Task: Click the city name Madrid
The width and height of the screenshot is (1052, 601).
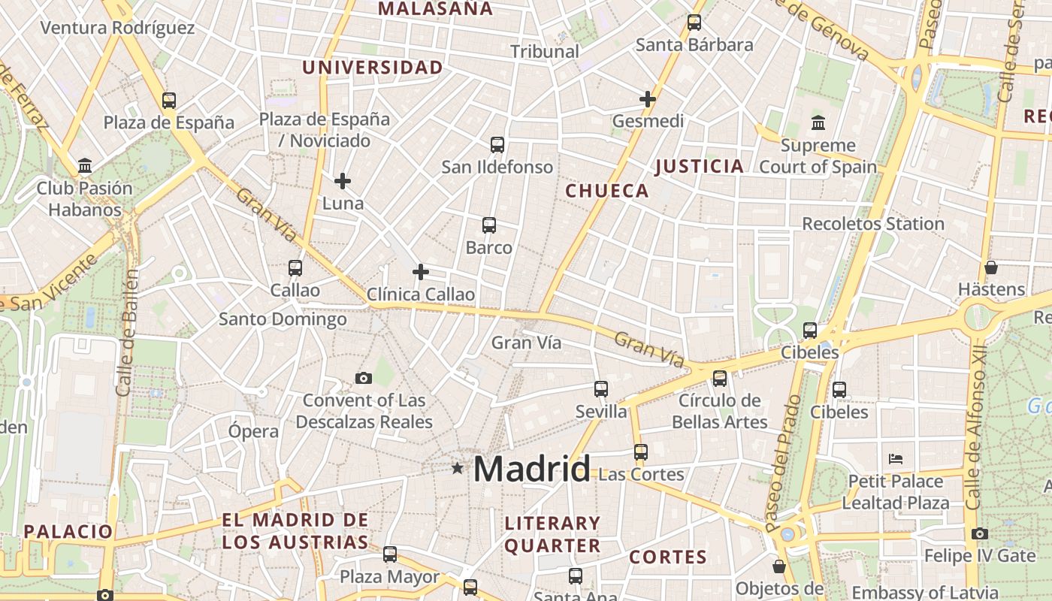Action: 531,470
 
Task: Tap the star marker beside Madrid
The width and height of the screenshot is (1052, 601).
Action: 457,468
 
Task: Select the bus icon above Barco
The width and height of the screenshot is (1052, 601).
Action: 489,225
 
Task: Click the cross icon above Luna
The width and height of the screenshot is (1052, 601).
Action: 343,181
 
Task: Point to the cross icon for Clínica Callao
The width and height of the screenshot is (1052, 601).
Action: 421,271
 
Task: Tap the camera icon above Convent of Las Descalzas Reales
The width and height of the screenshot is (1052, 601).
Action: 364,378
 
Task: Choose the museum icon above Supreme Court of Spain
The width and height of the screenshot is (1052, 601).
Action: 818,122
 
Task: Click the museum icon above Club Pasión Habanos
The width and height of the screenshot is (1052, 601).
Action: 85,165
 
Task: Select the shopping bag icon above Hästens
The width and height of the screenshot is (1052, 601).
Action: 991,267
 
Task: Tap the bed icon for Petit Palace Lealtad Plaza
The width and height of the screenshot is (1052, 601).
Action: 895,458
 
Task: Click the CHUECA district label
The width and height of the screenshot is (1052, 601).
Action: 607,191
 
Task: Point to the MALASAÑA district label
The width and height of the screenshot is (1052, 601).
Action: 435,9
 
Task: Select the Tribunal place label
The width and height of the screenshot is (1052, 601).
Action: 545,51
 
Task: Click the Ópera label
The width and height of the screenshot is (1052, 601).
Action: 253,431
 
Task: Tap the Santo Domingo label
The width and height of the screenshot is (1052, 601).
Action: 283,319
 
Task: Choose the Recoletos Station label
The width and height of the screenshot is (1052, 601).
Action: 873,224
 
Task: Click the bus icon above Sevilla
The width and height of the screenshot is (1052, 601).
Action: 601,388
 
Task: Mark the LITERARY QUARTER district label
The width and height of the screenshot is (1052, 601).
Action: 552,534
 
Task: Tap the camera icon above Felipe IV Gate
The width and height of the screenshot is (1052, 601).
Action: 979,533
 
